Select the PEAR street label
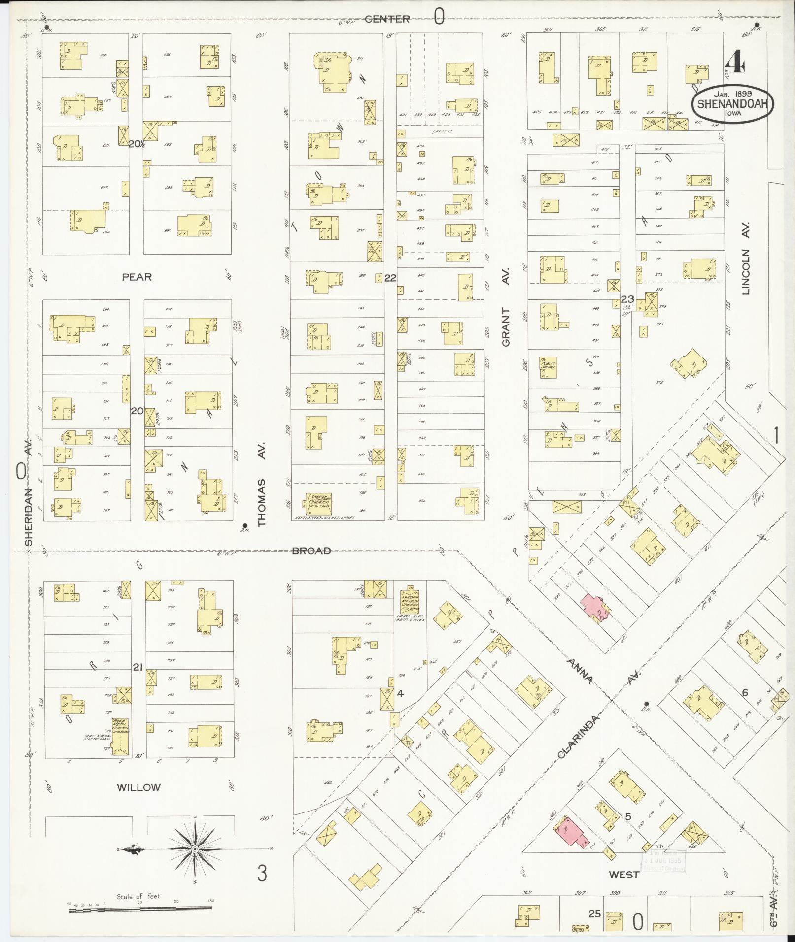137,277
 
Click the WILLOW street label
138,787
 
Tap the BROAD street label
311,551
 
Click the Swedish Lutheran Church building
319,502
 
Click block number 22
390,278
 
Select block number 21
138,667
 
